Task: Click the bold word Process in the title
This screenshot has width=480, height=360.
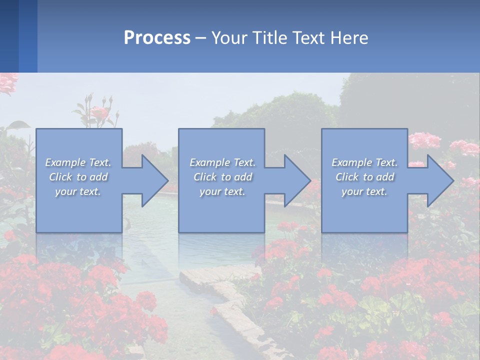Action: tap(157, 38)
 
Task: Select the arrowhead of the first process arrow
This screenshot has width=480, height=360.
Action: tap(154, 180)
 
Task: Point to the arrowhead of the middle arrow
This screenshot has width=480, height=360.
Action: tap(297, 180)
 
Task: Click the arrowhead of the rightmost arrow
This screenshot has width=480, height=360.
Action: tap(439, 180)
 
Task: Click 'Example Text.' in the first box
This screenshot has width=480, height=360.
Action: tap(78, 162)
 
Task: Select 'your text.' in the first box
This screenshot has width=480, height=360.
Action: tap(78, 191)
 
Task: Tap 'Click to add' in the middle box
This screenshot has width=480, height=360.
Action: tap(222, 177)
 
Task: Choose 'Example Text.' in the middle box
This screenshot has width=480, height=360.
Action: tap(222, 162)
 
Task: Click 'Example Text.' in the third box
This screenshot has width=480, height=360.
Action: tap(364, 162)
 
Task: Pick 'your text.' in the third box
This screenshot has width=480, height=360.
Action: tap(364, 191)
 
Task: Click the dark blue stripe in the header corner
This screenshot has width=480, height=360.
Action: tap(9, 36)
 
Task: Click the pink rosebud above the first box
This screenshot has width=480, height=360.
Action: tap(100, 112)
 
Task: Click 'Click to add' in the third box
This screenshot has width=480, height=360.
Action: tap(364, 177)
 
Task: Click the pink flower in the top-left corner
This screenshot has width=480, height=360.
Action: tap(7, 82)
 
